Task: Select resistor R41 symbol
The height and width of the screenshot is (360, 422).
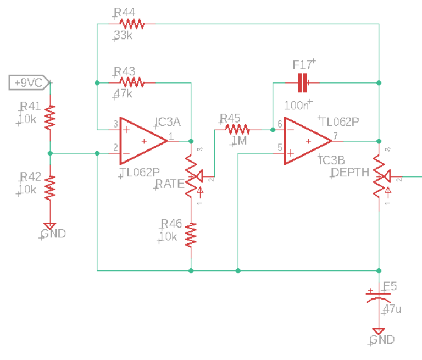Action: click(50, 117)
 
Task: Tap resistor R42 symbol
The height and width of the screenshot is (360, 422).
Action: click(50, 187)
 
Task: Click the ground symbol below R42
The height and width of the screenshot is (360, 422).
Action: click(50, 225)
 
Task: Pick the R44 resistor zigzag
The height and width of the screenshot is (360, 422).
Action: click(131, 24)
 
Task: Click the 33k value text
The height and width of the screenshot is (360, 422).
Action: click(123, 36)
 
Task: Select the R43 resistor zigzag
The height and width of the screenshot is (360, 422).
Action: click(131, 83)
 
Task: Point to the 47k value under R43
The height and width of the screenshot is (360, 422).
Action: click(123, 94)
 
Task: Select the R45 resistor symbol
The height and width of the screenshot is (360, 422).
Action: click(237, 130)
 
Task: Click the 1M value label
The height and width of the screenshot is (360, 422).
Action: click(239, 142)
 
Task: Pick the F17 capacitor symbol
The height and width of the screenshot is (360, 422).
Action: click(302, 83)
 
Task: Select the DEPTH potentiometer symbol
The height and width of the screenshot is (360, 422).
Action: click(379, 176)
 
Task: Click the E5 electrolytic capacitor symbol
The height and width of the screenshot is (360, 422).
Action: click(379, 297)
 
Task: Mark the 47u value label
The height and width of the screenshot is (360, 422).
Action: click(392, 309)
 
